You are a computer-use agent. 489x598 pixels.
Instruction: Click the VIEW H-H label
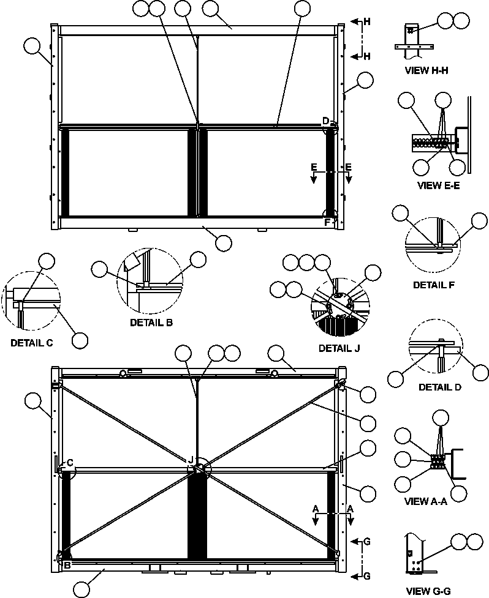(x=426, y=70)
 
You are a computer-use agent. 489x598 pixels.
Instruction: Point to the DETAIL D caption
(x=440, y=387)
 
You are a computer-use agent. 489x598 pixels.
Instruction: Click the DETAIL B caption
(x=151, y=322)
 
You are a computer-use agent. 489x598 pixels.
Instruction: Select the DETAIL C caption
(x=31, y=343)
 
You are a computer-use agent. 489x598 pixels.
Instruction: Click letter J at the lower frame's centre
(x=191, y=460)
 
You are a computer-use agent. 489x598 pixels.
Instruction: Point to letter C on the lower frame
(x=70, y=463)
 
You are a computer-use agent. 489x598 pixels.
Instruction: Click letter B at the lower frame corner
(x=67, y=566)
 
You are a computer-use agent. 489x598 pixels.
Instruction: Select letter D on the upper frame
(x=326, y=121)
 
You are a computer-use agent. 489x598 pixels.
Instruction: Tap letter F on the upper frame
(x=327, y=222)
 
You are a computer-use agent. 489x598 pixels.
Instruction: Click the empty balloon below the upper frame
(x=224, y=242)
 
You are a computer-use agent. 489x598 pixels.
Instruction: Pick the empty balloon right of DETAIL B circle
(x=198, y=260)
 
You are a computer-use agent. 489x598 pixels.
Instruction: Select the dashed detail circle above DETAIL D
(x=434, y=351)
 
